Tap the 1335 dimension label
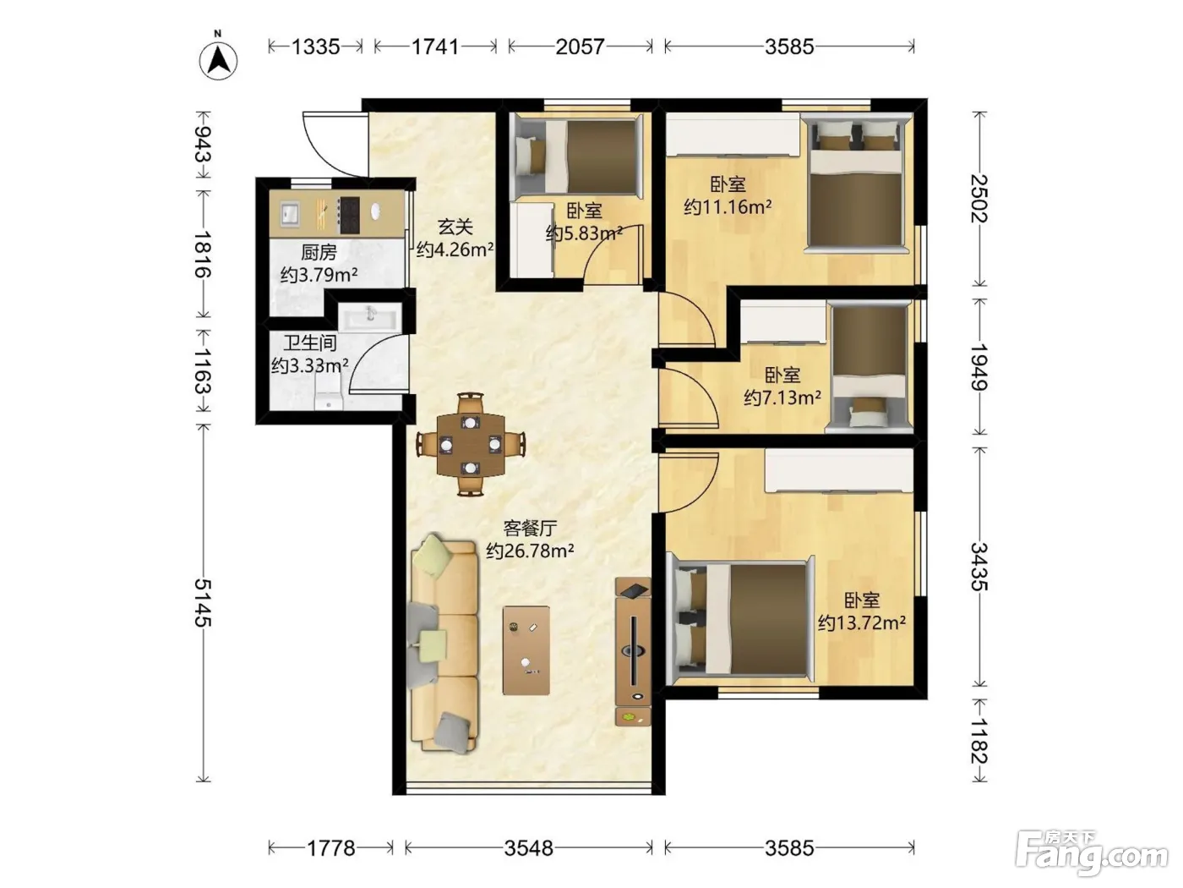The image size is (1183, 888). click(316, 47)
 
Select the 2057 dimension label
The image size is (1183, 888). click(580, 47)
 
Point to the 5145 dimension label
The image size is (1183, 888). click(203, 603)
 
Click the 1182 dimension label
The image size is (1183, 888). click(979, 741)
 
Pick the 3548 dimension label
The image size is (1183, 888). click(529, 848)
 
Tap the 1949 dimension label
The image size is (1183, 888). click(979, 367)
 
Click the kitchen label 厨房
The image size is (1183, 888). click(319, 252)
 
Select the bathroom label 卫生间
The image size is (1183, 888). click(310, 343)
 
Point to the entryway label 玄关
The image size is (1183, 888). click(455, 227)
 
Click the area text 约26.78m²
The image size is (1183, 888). click(530, 551)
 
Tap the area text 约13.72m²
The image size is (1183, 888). click(862, 623)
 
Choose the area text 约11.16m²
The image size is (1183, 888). click(728, 207)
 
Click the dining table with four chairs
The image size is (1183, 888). click(471, 445)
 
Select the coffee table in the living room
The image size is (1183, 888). click(526, 650)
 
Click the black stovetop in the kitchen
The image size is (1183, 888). click(348, 215)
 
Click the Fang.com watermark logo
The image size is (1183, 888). click(1092, 854)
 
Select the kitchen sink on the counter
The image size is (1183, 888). click(290, 214)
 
